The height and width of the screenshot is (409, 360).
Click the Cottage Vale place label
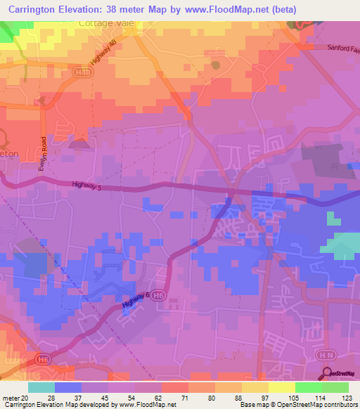[106, 23]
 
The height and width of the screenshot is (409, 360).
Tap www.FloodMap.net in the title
[226, 9]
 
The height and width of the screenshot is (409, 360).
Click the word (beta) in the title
[281, 9]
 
